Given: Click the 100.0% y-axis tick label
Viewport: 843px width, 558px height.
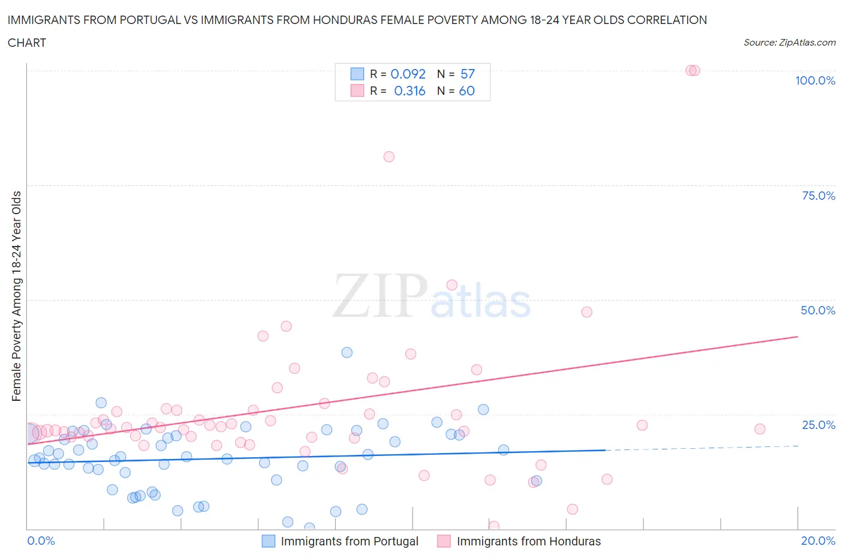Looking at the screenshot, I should tap(815, 80).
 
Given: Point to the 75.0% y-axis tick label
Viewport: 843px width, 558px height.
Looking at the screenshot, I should tap(818, 196).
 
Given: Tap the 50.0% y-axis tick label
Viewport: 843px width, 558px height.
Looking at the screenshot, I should tap(818, 310).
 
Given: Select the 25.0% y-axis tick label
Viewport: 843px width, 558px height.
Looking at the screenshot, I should tap(818, 425).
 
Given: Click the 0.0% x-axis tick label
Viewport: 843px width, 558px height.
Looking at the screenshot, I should tap(41, 541).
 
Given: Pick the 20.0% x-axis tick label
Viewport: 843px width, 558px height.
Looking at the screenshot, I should tap(818, 541).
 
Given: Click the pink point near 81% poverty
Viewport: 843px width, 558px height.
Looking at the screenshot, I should tap(389, 157).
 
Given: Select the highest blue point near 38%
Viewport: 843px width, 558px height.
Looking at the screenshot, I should tap(347, 352).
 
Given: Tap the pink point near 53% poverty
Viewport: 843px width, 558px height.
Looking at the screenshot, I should tap(452, 285).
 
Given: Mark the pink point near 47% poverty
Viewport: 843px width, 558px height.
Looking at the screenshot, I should tap(586, 312).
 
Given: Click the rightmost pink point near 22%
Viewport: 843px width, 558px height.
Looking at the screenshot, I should tap(760, 429).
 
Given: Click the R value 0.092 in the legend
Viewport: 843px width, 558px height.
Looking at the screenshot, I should tap(408, 74).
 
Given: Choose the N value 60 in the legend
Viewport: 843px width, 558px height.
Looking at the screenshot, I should tap(466, 91).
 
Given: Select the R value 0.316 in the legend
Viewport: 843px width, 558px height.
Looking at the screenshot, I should tap(410, 91).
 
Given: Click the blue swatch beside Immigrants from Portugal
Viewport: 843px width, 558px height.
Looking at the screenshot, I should tap(269, 541).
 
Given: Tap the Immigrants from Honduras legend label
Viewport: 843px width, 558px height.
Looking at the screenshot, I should tap(528, 541).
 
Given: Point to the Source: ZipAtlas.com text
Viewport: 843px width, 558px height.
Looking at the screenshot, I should tap(789, 42).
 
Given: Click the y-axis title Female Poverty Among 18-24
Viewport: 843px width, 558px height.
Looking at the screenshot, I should tap(17, 296).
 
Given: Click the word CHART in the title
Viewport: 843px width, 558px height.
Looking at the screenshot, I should tap(27, 43).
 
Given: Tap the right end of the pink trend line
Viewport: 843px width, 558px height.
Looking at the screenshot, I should tap(797, 337).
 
